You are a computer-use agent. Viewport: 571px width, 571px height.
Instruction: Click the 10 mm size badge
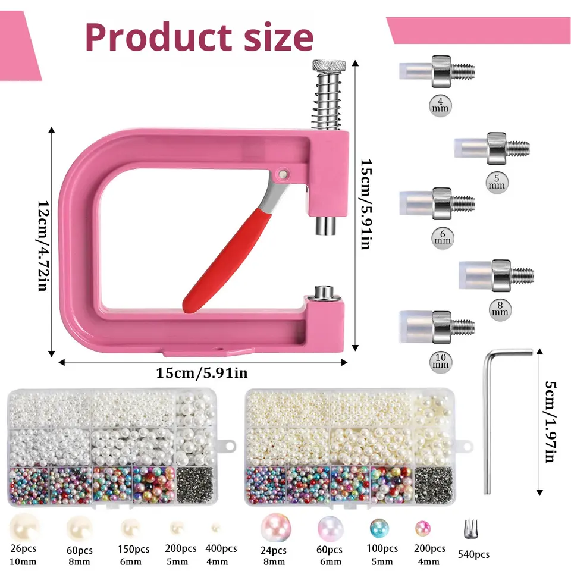click(441, 360)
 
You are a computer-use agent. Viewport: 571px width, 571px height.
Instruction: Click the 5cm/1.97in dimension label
click(551, 422)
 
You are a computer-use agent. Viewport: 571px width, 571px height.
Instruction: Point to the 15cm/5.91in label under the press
click(202, 373)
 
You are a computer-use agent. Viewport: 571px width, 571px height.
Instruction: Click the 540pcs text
click(473, 554)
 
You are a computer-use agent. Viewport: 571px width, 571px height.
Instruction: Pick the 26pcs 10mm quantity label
click(24, 554)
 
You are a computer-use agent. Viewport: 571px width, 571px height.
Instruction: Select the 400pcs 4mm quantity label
click(221, 554)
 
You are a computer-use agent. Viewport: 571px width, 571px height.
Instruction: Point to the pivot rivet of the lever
click(282, 173)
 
